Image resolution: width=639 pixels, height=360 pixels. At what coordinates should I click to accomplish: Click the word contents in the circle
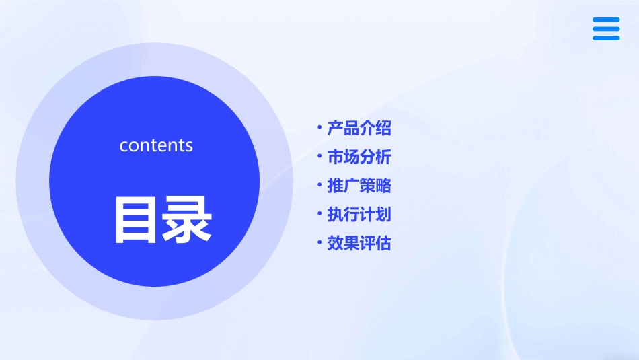pyautogui.click(x=156, y=145)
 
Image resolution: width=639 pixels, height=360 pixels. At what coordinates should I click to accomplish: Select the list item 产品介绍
pyautogui.click(x=359, y=128)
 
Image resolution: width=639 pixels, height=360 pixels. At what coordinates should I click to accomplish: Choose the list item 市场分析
pyautogui.click(x=359, y=157)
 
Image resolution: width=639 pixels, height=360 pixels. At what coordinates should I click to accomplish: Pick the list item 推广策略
pyautogui.click(x=359, y=186)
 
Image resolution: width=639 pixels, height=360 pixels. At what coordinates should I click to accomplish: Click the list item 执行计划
pyautogui.click(x=359, y=215)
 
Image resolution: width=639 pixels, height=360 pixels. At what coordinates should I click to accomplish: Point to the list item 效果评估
pyautogui.click(x=359, y=243)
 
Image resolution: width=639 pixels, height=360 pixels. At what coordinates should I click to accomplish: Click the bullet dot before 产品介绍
pyautogui.click(x=320, y=127)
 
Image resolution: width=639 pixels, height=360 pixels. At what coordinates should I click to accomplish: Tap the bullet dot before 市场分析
pyautogui.click(x=320, y=156)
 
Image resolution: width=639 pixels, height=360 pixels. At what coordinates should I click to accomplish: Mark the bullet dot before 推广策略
pyautogui.click(x=320, y=185)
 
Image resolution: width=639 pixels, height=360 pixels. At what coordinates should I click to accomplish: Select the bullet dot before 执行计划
pyautogui.click(x=320, y=214)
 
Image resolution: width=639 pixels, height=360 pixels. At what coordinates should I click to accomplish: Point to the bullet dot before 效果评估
pyautogui.click(x=320, y=242)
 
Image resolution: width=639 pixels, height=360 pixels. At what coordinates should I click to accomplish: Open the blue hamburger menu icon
pyautogui.click(x=606, y=29)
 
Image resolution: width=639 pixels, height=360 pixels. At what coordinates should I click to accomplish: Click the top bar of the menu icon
pyautogui.click(x=606, y=20)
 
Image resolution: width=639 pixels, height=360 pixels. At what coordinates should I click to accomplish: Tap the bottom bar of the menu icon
pyautogui.click(x=606, y=38)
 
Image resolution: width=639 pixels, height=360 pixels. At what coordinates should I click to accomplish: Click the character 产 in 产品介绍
pyautogui.click(x=335, y=128)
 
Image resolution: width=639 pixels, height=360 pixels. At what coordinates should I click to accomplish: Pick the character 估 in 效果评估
pyautogui.click(x=383, y=243)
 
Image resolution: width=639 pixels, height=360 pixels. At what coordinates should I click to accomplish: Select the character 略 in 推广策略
pyautogui.click(x=383, y=186)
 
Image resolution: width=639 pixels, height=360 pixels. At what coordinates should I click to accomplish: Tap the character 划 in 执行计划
pyautogui.click(x=383, y=215)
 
